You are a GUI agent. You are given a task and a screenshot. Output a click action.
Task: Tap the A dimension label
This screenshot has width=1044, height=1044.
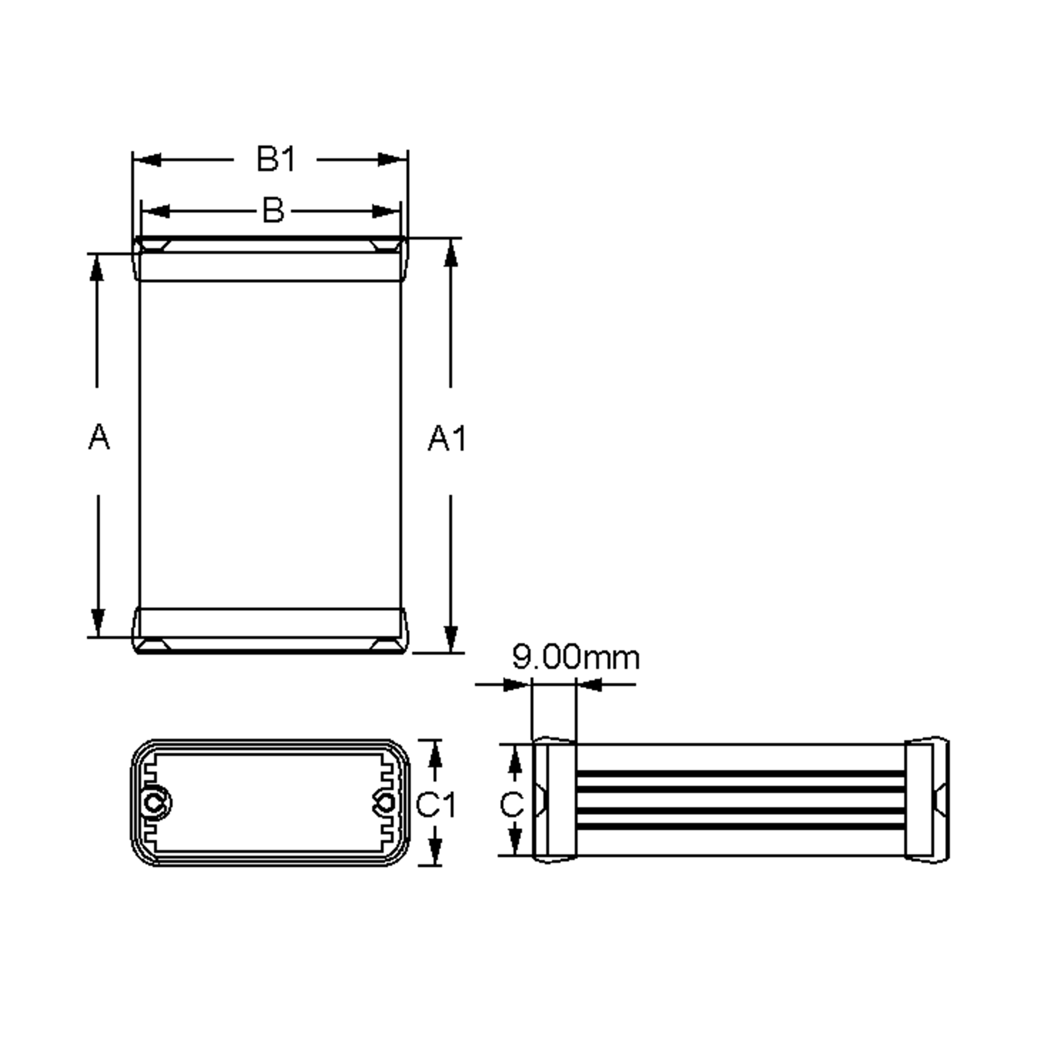(98, 437)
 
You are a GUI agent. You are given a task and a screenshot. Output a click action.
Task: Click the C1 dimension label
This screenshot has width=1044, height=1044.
(435, 805)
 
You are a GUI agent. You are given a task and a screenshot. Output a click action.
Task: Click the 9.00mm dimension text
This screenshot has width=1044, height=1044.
(576, 657)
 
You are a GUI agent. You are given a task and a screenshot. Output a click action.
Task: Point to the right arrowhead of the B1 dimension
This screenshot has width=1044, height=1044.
(392, 160)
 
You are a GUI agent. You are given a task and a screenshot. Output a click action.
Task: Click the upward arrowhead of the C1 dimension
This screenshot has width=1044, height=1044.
(435, 754)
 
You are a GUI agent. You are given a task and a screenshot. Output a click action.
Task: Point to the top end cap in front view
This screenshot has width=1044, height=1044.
(270, 259)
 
